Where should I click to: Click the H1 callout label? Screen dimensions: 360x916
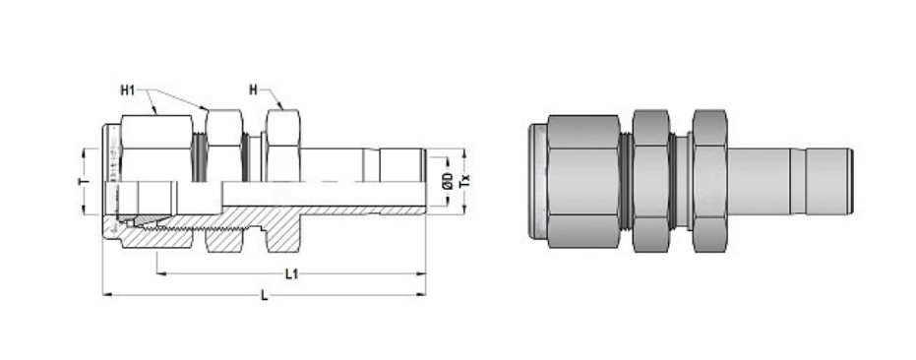coord(127,90)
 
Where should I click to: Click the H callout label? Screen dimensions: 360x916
coord(253,90)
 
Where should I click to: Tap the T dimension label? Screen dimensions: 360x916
coord(84,182)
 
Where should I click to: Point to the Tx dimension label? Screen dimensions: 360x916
coord(466,181)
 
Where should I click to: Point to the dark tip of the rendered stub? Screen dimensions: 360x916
coord(849,182)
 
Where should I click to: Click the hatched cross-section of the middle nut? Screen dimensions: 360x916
coord(224,239)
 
